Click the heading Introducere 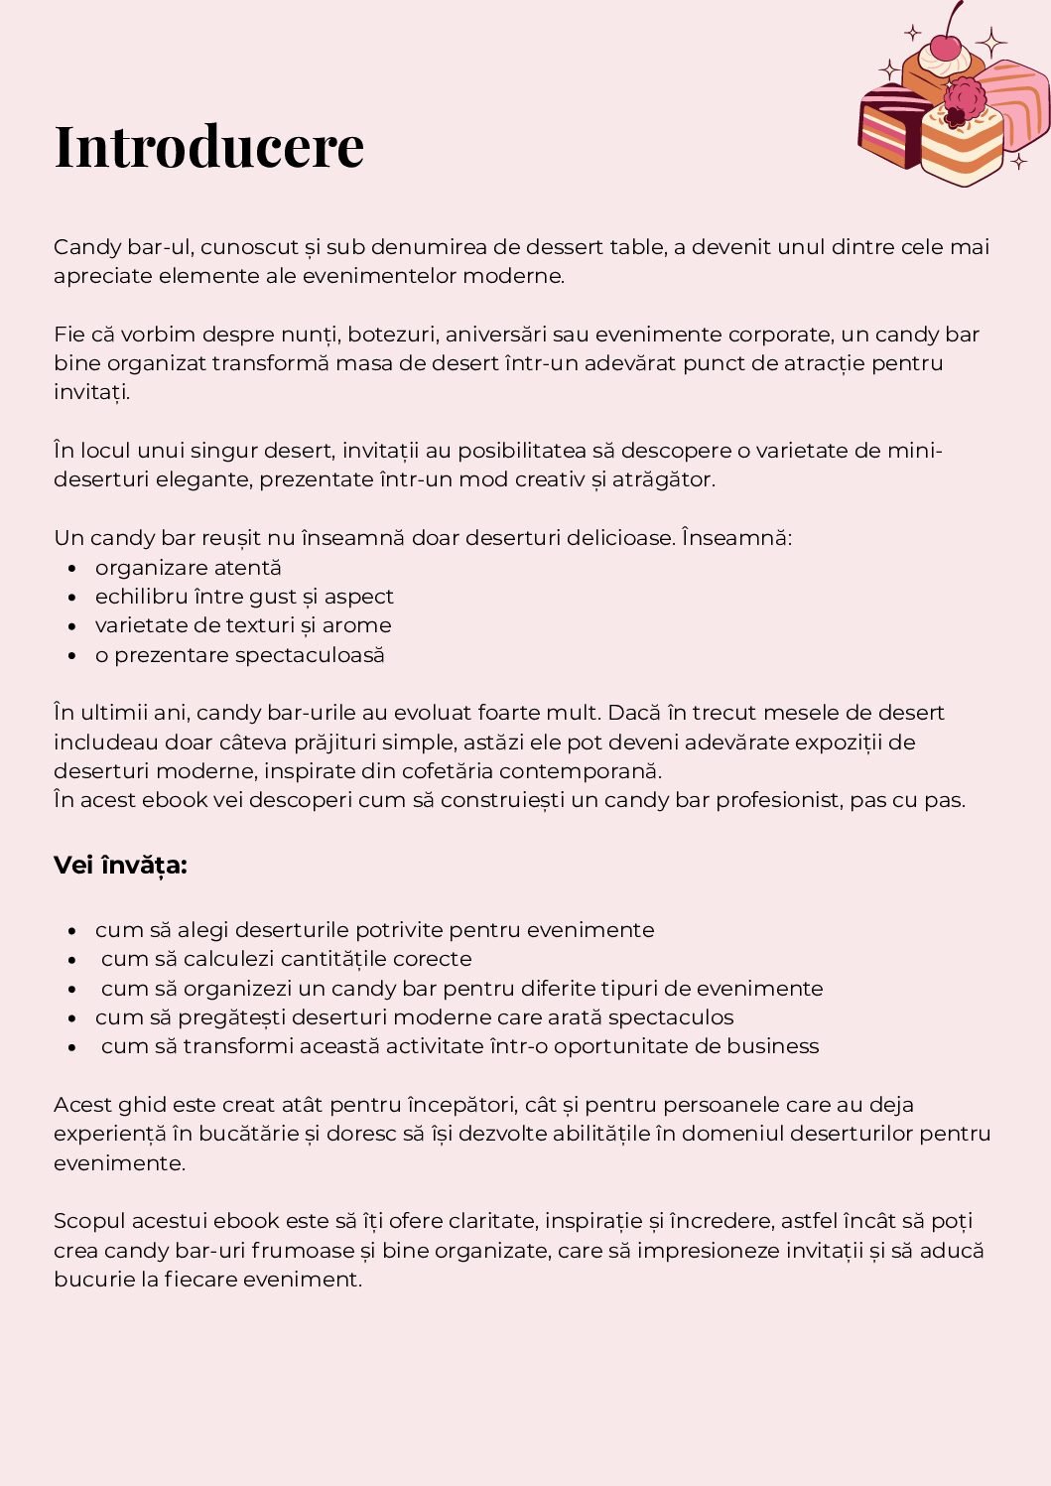209,146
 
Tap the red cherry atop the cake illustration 946,46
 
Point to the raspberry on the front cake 964,100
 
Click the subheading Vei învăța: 120,866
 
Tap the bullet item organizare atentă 189,568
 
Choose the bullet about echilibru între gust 244,597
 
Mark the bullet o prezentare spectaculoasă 239,655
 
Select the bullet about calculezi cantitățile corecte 286,959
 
